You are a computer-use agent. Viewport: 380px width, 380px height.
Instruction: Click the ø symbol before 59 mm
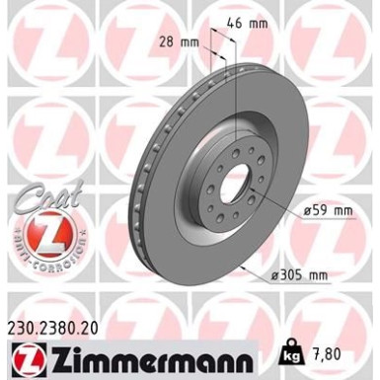tap(298, 211)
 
